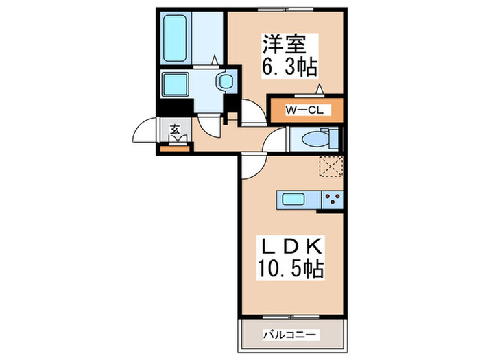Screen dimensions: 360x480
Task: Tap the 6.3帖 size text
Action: (x=286, y=66)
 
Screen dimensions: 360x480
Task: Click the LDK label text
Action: (x=290, y=245)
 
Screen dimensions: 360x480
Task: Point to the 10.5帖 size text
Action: (x=290, y=268)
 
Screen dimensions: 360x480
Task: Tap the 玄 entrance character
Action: (x=175, y=128)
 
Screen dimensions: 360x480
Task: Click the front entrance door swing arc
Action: (x=145, y=130)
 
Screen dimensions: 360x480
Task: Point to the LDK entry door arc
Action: (x=252, y=163)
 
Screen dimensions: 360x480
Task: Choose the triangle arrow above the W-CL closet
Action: (x=319, y=88)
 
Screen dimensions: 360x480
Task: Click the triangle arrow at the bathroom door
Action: (x=215, y=61)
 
